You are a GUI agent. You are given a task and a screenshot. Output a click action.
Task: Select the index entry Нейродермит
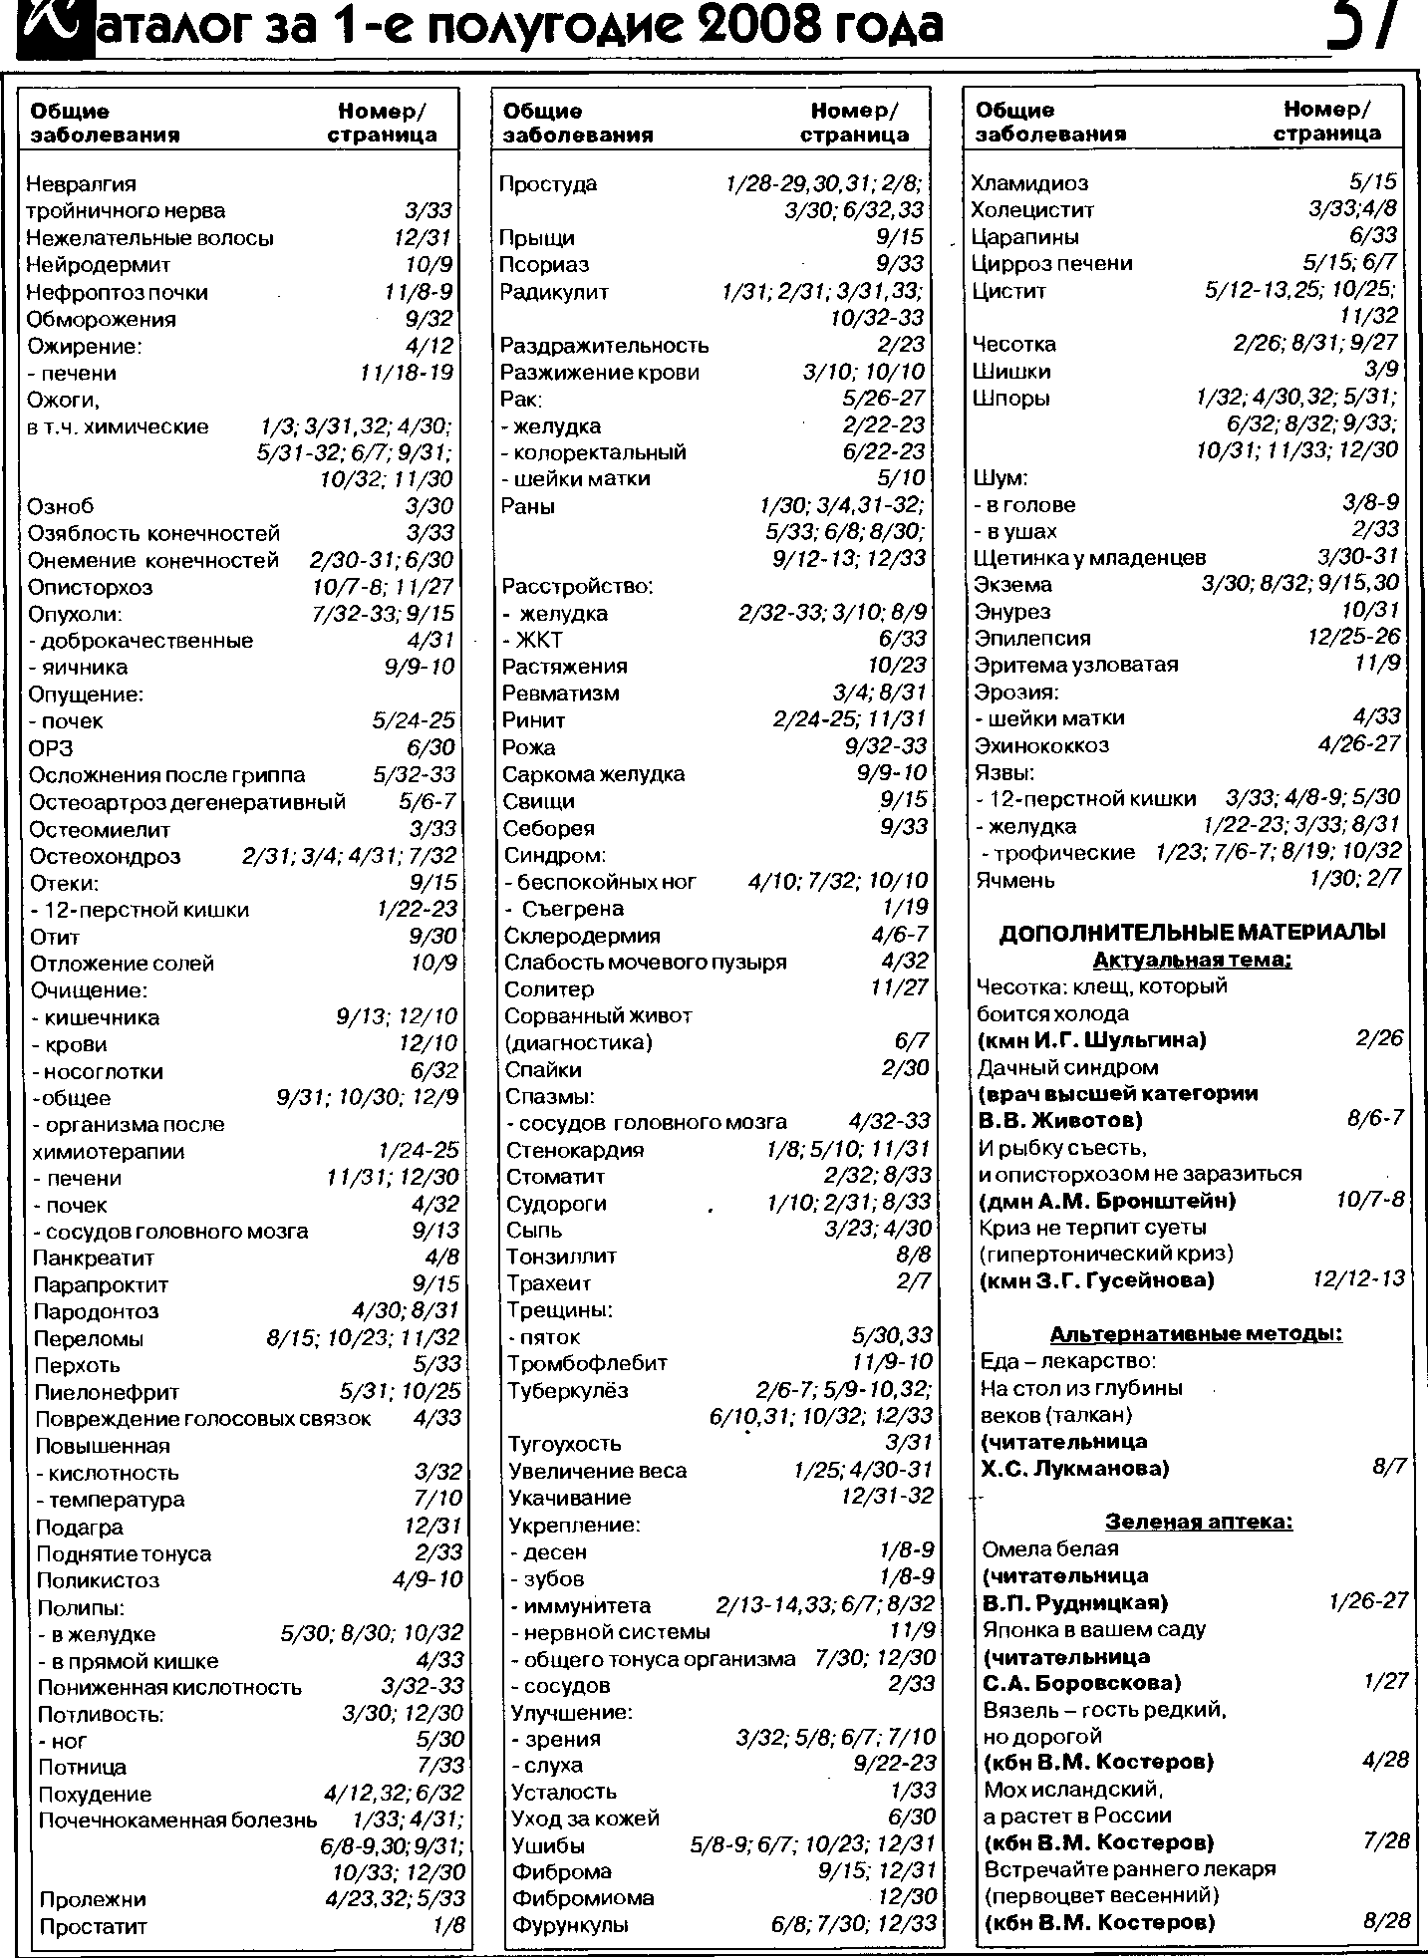tap(99, 265)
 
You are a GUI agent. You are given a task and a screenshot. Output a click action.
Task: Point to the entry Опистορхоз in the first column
tap(91, 587)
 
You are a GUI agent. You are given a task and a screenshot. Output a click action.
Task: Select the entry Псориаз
tap(544, 264)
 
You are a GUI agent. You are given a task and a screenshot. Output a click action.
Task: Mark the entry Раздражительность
tap(605, 345)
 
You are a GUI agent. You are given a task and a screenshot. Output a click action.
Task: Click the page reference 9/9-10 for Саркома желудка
tap(891, 772)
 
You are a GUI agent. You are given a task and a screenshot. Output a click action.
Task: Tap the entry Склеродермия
tap(582, 935)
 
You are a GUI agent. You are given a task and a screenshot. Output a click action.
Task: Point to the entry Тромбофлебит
tap(587, 1362)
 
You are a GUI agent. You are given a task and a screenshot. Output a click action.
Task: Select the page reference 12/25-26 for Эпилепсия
tap(1353, 636)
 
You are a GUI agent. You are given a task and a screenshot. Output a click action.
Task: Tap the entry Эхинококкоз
tap(1041, 744)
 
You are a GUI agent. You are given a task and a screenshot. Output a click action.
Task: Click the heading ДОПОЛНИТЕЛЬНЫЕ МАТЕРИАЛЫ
tap(1192, 933)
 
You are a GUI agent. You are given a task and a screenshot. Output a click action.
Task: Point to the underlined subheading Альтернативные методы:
tap(1196, 1334)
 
